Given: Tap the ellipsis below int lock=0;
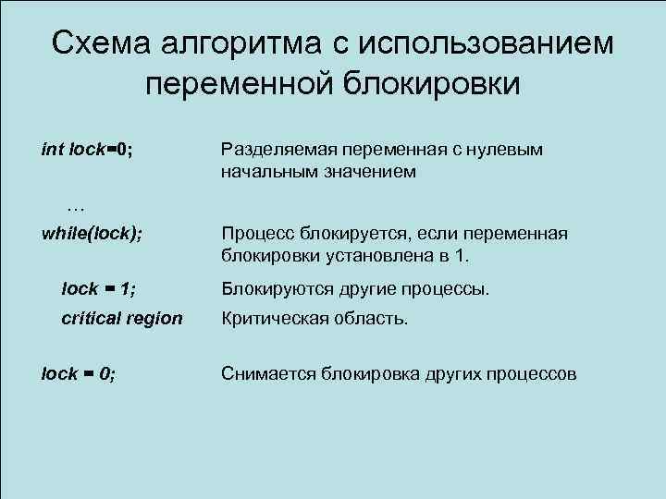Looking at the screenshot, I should point(76,205).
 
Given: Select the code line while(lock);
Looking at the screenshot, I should point(92,233).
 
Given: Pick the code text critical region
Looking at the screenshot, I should point(121,319).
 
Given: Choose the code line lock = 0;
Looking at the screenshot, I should point(79,373).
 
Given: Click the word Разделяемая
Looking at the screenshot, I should point(277,149).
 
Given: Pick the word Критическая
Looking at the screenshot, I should point(274,319).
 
